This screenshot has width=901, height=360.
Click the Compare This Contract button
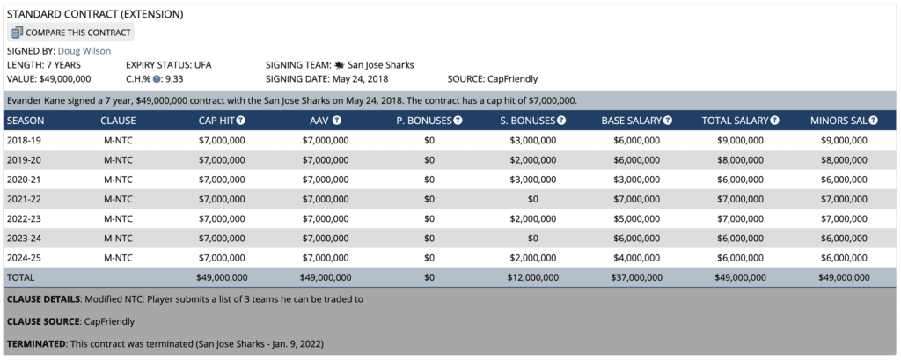tap(71, 33)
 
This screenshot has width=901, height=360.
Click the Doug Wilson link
tap(84, 51)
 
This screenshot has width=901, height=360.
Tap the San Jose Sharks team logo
tap(339, 65)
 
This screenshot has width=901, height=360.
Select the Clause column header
tap(118, 120)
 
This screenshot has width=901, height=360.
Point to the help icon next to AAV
tap(336, 120)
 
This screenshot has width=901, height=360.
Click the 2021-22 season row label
tap(23, 198)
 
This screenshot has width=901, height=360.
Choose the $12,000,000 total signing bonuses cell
tap(531, 277)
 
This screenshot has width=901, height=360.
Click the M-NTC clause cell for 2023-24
tap(118, 238)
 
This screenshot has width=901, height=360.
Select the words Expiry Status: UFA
tap(168, 65)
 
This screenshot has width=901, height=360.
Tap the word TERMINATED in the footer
tap(39, 342)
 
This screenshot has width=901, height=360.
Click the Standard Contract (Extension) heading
tap(94, 15)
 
